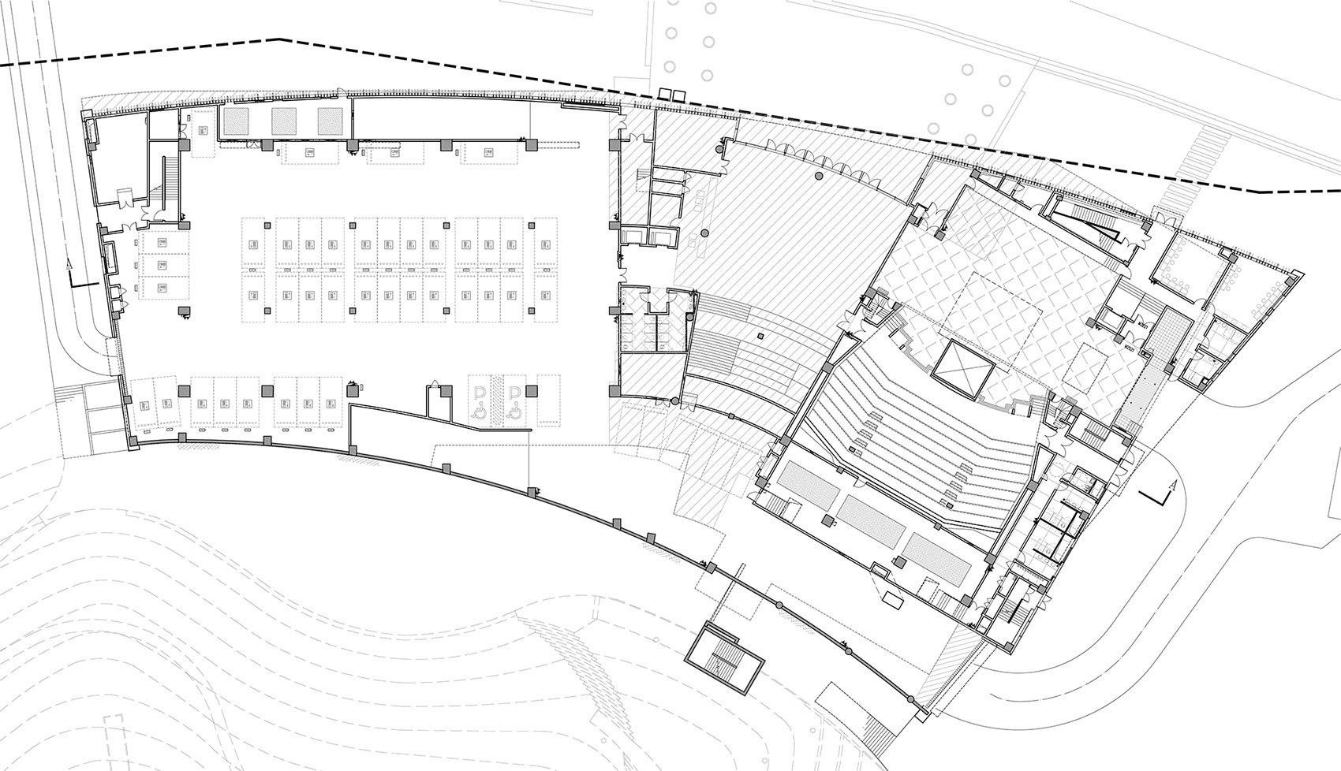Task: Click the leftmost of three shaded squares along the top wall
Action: [x=235, y=120]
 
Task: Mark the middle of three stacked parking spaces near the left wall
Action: [x=163, y=265]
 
